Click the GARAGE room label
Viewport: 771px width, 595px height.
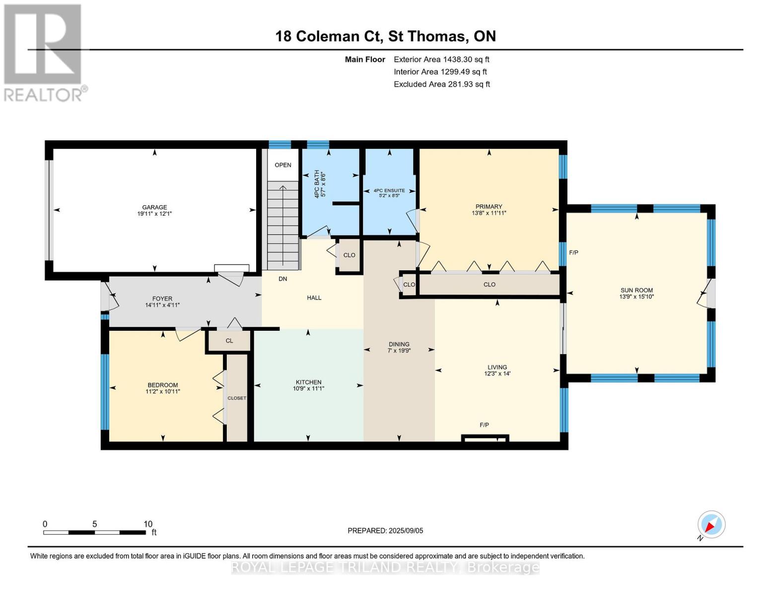(x=154, y=207)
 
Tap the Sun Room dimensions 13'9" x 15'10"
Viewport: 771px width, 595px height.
(x=636, y=297)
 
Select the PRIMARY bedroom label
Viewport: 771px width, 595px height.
(x=489, y=206)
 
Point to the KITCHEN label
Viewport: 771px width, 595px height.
(x=308, y=382)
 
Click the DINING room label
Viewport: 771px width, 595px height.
(x=399, y=344)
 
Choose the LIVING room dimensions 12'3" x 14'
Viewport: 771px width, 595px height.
(x=497, y=374)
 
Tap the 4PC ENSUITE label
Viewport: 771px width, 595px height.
(x=389, y=190)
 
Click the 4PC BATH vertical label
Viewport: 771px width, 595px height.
(x=317, y=184)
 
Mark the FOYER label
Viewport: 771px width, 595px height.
(x=162, y=298)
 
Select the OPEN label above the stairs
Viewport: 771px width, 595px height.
(x=283, y=165)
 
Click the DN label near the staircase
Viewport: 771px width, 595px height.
(x=282, y=279)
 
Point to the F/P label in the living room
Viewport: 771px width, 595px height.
(x=484, y=425)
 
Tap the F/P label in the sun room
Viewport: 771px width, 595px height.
(x=573, y=252)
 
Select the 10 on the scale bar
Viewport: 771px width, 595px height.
(x=148, y=524)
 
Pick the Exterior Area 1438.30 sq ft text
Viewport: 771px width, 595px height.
(x=441, y=59)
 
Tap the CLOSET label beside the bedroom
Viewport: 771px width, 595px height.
(x=237, y=398)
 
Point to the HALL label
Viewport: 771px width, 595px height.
(x=314, y=297)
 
